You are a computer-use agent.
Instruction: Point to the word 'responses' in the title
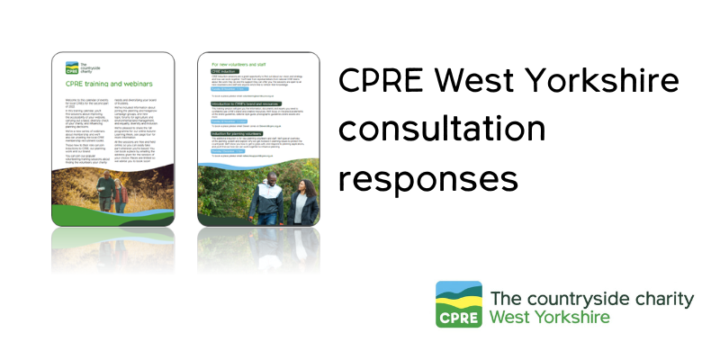click(x=427, y=178)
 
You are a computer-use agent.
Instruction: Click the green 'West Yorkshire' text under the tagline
click(x=550, y=318)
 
